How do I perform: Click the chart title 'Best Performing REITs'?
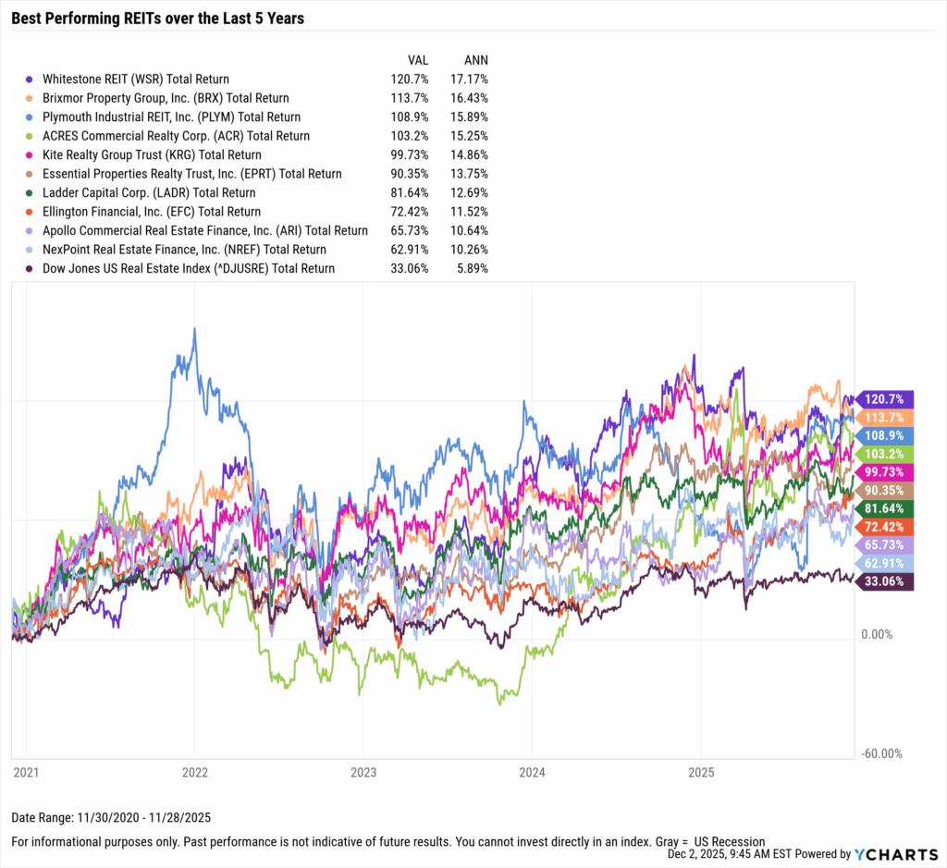(157, 18)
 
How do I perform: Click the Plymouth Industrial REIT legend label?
(171, 117)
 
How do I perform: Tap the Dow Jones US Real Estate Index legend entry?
(189, 268)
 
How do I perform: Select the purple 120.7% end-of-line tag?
(886, 399)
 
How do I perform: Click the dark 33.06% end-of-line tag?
(886, 581)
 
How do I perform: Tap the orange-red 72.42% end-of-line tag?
(886, 527)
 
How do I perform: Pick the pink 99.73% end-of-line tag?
(886, 472)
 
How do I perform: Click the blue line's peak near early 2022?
(194, 329)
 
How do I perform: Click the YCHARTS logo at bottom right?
(889, 854)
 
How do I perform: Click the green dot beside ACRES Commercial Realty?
(31, 136)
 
